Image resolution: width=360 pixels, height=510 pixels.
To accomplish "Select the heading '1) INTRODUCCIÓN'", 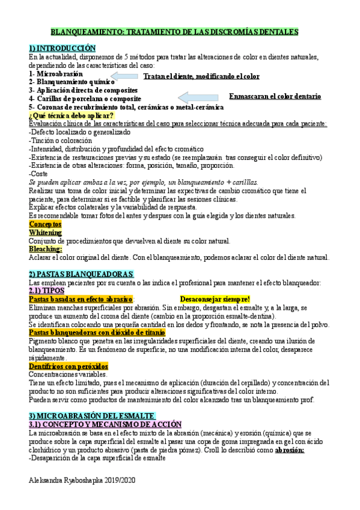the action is (63, 49).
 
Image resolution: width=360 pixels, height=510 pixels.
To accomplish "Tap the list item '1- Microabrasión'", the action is (56, 73).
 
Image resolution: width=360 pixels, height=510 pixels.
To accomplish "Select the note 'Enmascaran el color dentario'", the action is (275, 96).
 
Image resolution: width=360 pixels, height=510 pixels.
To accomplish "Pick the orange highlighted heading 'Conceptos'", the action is (45, 224).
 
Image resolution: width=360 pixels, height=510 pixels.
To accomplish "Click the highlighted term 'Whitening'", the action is (45, 232).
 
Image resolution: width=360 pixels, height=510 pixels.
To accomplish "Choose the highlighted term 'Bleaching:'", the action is (45, 248).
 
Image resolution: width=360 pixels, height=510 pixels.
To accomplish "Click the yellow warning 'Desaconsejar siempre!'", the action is (215, 299).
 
